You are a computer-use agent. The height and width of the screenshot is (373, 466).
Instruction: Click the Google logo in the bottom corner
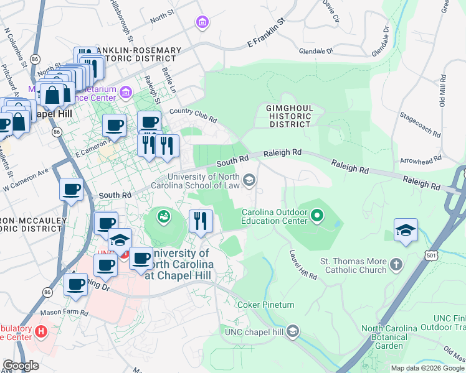pos(21,366)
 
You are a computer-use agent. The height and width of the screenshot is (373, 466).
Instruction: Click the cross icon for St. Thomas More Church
pos(395,266)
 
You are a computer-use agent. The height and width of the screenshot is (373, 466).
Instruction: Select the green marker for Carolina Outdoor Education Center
pos(317,216)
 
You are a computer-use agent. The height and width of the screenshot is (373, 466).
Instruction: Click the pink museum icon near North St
pos(201,23)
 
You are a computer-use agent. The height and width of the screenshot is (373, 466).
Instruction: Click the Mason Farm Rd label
pos(62,312)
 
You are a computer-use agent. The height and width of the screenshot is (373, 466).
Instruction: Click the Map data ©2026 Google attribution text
pos(427,368)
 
